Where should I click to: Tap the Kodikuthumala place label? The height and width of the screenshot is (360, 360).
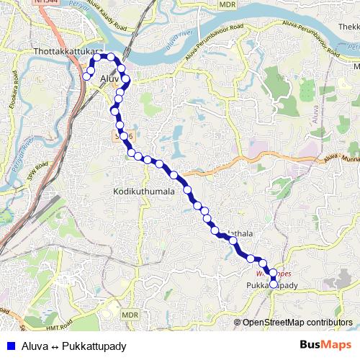pyautogui.click(x=144, y=192)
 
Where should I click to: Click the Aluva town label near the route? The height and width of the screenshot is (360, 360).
pyautogui.click(x=109, y=78)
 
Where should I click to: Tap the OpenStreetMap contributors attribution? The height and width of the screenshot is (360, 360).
pyautogui.click(x=298, y=322)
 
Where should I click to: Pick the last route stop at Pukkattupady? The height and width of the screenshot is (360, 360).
pyautogui.click(x=274, y=284)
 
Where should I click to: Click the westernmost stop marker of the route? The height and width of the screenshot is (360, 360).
pyautogui.click(x=86, y=76)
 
